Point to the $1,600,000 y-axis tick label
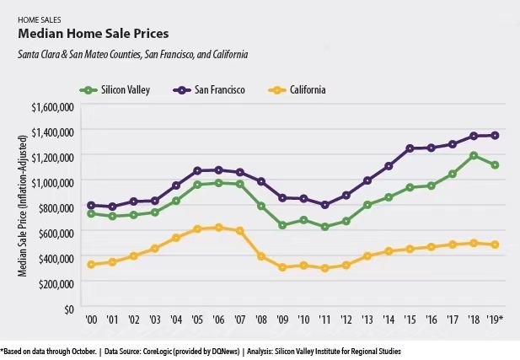coord(52,106)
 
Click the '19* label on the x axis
coord(497,321)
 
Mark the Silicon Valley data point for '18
coord(474,155)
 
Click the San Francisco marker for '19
coord(496,135)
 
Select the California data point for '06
coord(218,228)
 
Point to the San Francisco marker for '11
coord(325,205)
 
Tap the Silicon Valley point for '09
coord(282,225)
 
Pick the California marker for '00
coord(90,265)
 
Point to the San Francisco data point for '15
coord(410,148)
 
